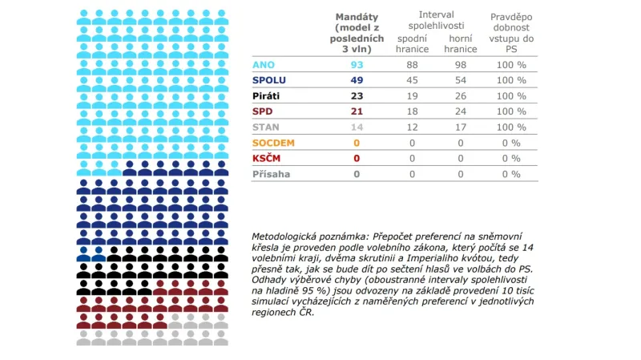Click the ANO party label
point(263,64)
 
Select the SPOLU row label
point(269,80)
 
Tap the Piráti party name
point(267,95)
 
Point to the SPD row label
point(263,111)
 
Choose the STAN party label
point(266,127)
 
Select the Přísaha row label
point(271,173)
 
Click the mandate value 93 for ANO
point(357,64)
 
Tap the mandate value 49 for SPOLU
point(357,80)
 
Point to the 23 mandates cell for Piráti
point(357,95)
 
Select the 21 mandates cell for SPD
point(357,111)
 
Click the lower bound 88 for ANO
point(412,64)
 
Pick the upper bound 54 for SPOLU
point(461,80)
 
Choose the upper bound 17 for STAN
point(461,127)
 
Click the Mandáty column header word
point(357,17)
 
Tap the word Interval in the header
point(437,15)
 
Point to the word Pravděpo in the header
point(510,17)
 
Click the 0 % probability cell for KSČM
point(510,158)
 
